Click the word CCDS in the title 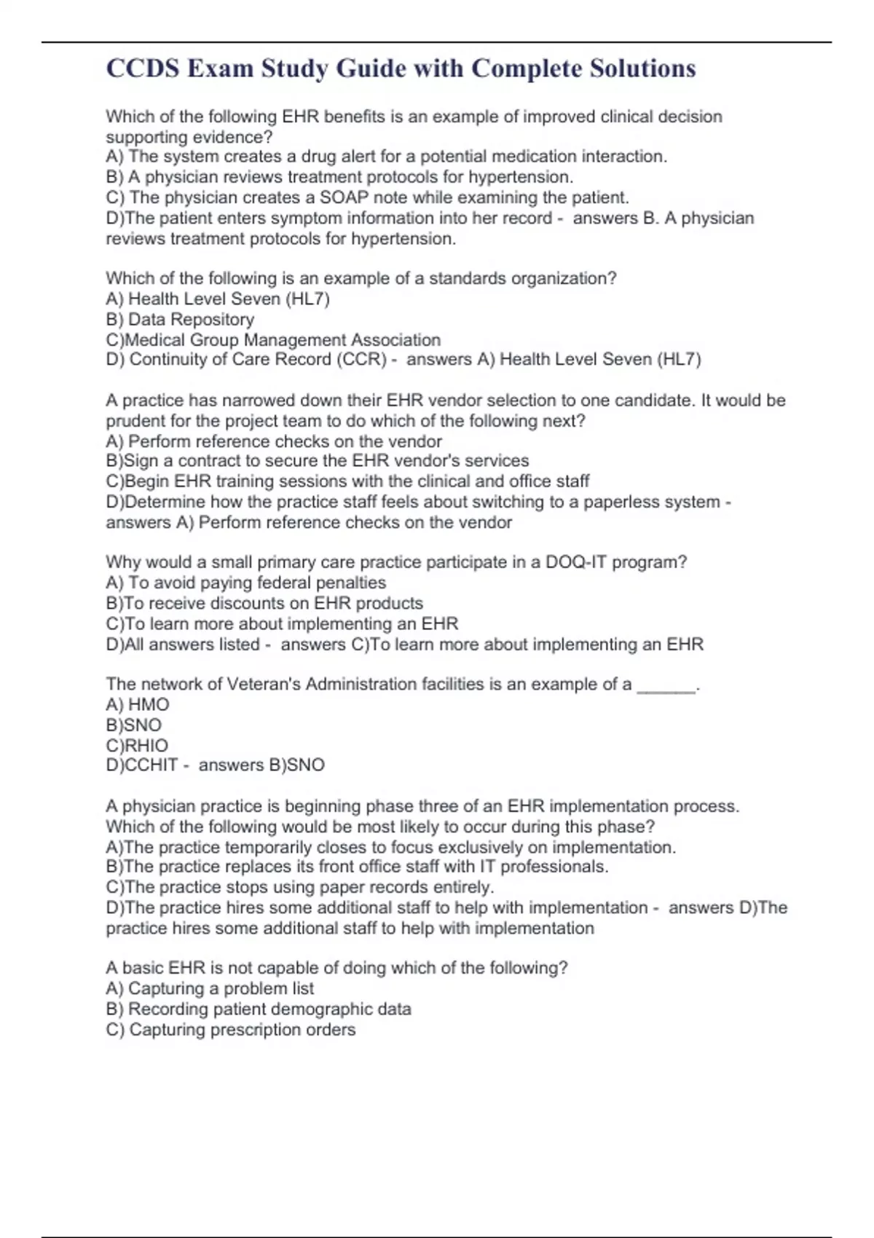pyautogui.click(x=143, y=68)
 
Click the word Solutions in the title pyautogui.click(x=642, y=68)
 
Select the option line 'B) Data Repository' pyautogui.click(x=180, y=319)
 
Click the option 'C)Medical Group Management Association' pyautogui.click(x=273, y=339)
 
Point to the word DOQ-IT pyautogui.click(x=576, y=561)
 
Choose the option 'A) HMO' pyautogui.click(x=137, y=704)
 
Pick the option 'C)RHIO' pyautogui.click(x=137, y=745)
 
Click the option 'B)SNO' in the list pyautogui.click(x=133, y=725)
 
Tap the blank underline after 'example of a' pyautogui.click(x=666, y=685)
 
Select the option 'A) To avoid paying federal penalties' pyautogui.click(x=245, y=582)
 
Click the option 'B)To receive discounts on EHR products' pyautogui.click(x=264, y=603)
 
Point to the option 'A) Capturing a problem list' pyautogui.click(x=210, y=988)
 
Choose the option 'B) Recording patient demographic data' pyautogui.click(x=259, y=1009)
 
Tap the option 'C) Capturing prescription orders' pyautogui.click(x=231, y=1029)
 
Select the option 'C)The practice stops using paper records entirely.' pyautogui.click(x=300, y=887)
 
